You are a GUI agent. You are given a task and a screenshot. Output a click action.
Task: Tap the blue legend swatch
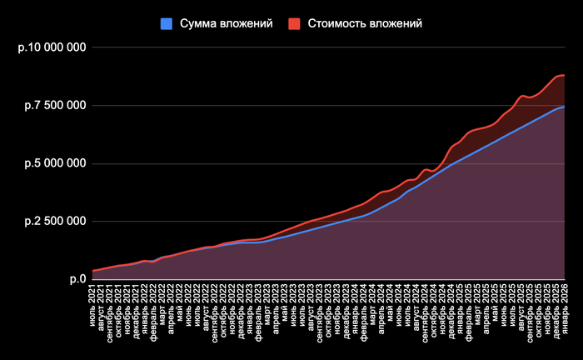[167, 23]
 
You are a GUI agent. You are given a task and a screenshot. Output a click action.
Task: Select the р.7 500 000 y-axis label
[54, 106]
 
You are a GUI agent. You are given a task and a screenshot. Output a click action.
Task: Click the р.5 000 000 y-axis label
[54, 163]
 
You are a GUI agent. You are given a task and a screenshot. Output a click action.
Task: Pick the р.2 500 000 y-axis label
[54, 221]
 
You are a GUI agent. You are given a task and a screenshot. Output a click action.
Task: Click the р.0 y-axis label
[76, 279]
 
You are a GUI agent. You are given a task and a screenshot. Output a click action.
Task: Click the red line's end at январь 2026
[565, 76]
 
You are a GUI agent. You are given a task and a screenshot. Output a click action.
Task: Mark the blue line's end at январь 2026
[565, 107]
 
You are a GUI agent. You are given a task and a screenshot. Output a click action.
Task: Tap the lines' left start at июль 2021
[93, 270]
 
